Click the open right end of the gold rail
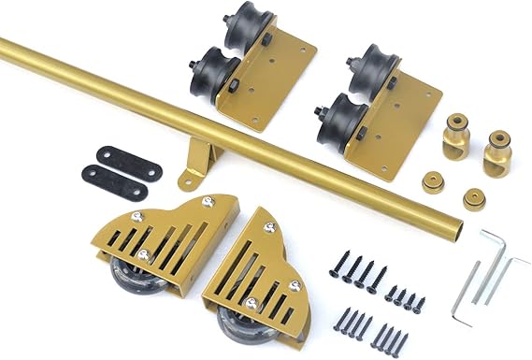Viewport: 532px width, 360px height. (455, 226)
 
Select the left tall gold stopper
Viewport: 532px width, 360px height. (457, 136)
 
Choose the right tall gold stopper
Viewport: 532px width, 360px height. (497, 152)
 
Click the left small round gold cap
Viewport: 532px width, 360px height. (434, 181)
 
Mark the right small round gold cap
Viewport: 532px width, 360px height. (474, 199)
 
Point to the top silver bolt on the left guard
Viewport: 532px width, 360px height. (208, 201)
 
